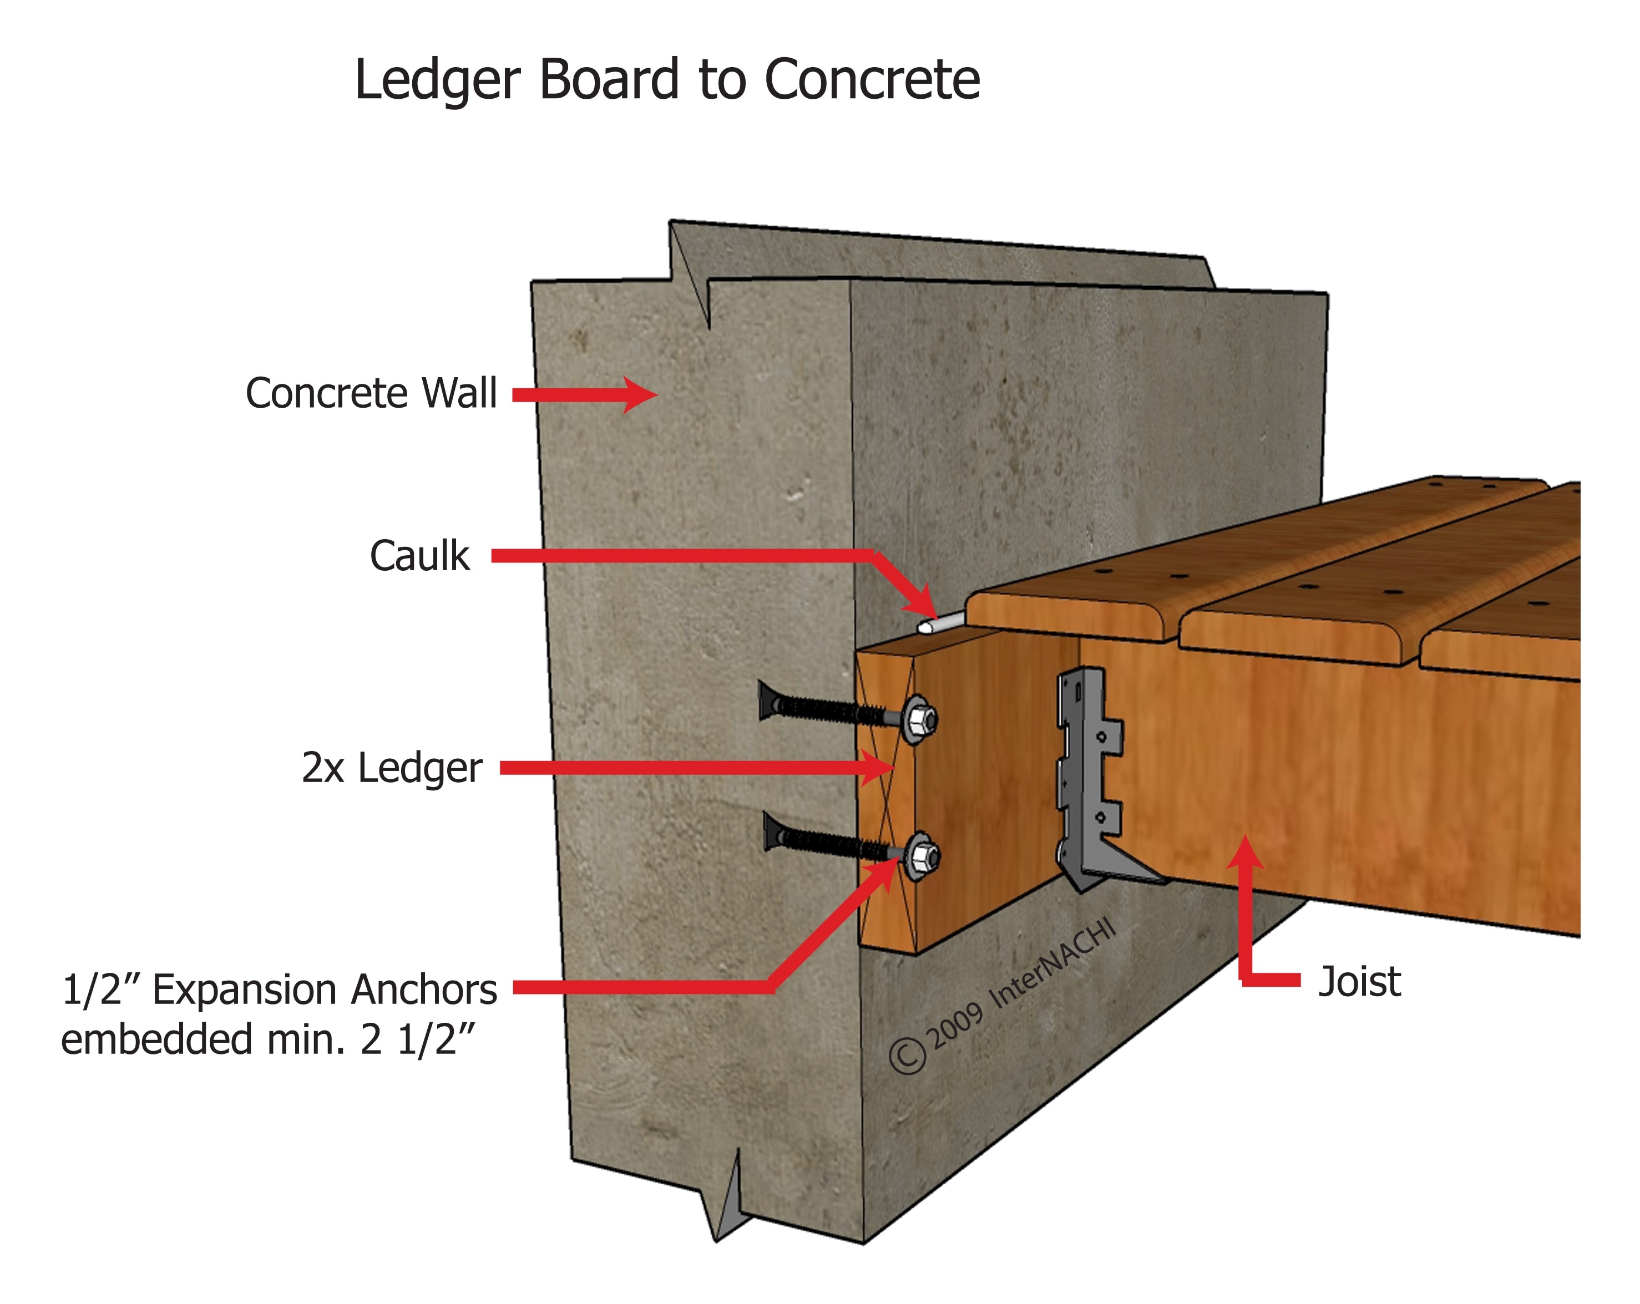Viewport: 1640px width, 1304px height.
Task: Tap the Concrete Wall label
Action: [x=371, y=393]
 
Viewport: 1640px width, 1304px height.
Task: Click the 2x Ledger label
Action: [x=392, y=768]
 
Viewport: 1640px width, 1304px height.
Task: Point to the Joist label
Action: [x=1359, y=982]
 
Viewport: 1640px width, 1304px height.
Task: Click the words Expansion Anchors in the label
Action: [x=325, y=990]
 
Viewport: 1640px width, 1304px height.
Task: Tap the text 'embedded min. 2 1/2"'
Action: [x=268, y=1039]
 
